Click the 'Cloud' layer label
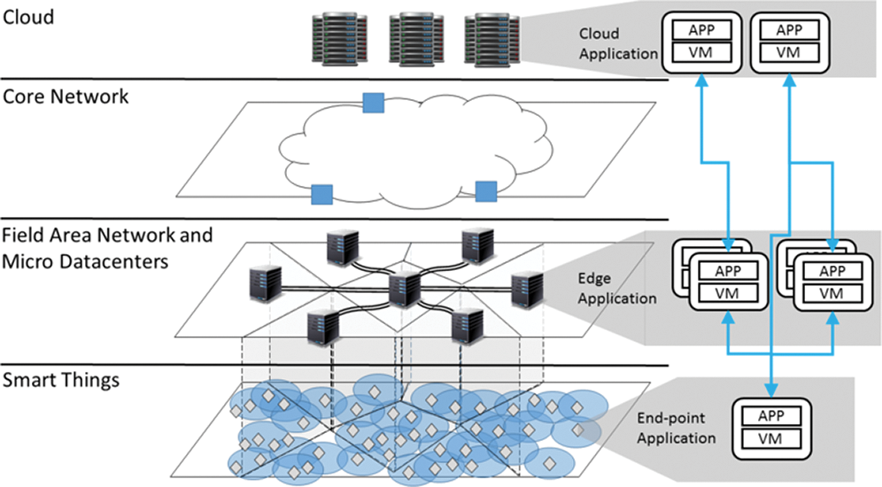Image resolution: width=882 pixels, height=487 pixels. pyautogui.click(x=28, y=18)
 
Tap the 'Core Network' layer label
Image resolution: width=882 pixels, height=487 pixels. pyautogui.click(x=66, y=97)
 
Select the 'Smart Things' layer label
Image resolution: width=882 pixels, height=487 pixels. pyautogui.click(x=62, y=380)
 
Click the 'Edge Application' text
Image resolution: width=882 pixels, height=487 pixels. pyautogui.click(x=616, y=289)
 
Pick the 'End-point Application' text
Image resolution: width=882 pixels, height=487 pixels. pyautogui.click(x=676, y=429)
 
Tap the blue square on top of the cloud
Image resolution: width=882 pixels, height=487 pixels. pyautogui.click(x=373, y=103)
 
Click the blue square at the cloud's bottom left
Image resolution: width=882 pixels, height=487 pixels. pyautogui.click(x=321, y=193)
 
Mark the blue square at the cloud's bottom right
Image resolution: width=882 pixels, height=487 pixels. pyautogui.click(x=486, y=189)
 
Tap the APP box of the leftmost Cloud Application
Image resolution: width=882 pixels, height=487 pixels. pyautogui.click(x=700, y=28)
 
